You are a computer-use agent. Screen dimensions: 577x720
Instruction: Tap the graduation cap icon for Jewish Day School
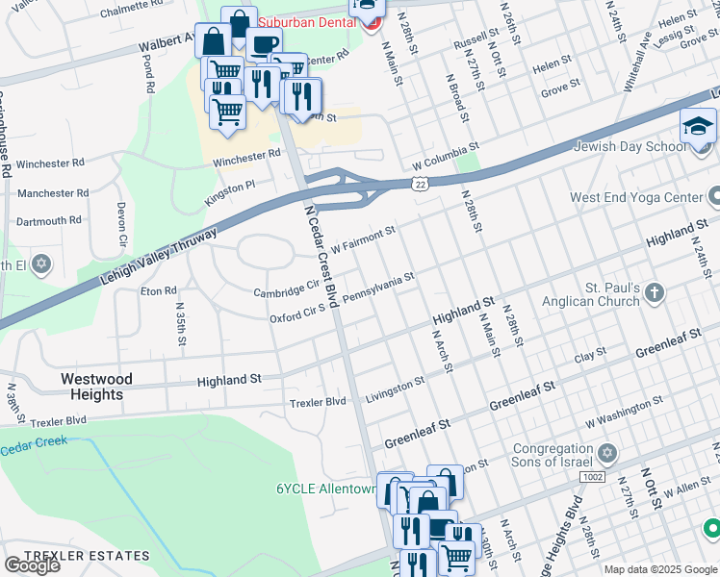click(x=698, y=127)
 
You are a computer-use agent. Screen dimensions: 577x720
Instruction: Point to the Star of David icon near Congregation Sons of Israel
click(x=606, y=452)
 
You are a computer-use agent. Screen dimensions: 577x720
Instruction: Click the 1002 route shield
click(x=593, y=477)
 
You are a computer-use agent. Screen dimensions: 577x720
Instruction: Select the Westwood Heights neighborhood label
click(x=97, y=387)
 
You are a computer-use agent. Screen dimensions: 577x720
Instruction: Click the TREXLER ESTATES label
click(x=87, y=556)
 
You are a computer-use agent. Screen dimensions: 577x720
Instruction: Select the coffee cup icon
click(x=263, y=44)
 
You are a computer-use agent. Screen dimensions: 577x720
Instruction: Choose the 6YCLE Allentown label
click(x=324, y=489)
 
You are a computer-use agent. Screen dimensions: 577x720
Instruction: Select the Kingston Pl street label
click(x=230, y=192)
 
